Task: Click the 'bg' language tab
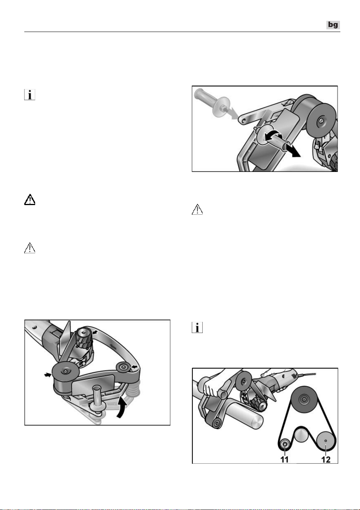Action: (333, 25)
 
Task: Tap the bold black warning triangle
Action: (30, 200)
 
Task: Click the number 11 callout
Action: (284, 459)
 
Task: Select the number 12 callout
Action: (326, 459)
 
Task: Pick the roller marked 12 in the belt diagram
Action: (326, 441)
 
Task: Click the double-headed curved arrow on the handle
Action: (274, 136)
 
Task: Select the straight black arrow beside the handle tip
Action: (293, 150)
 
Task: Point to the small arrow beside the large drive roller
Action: (47, 375)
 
